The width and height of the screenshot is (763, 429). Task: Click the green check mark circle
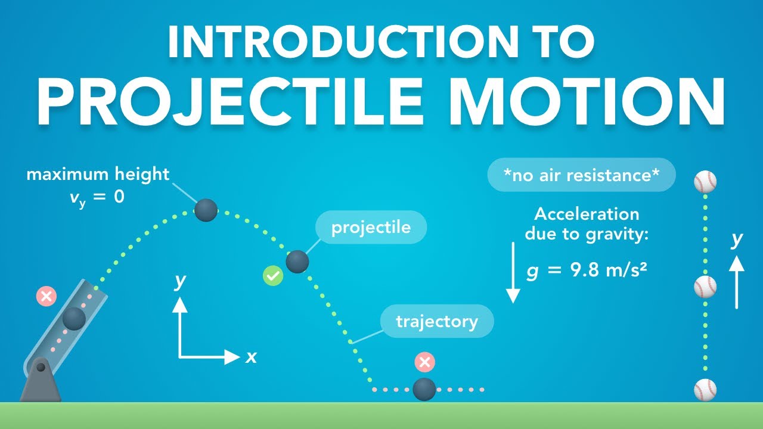pos(273,276)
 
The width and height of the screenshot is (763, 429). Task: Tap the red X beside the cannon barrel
pos(46,296)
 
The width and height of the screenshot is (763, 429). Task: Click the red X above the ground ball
pos(424,362)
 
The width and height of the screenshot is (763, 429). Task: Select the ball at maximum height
pos(206,210)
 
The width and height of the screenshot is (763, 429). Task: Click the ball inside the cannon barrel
pos(74,319)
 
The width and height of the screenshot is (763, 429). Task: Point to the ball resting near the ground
pos(424,389)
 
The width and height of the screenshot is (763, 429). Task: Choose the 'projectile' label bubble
pos(371,227)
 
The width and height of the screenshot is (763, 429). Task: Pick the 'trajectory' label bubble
pos(437,322)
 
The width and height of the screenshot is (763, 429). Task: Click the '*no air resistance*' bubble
pos(581,175)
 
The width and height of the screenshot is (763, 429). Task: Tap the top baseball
pos(705,182)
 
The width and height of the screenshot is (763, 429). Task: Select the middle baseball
pos(705,287)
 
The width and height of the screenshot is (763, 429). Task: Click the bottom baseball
pos(705,390)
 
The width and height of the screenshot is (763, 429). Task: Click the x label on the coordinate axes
pos(251,357)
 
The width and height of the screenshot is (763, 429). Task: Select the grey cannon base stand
pos(41,381)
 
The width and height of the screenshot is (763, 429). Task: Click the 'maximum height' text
pos(98,175)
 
